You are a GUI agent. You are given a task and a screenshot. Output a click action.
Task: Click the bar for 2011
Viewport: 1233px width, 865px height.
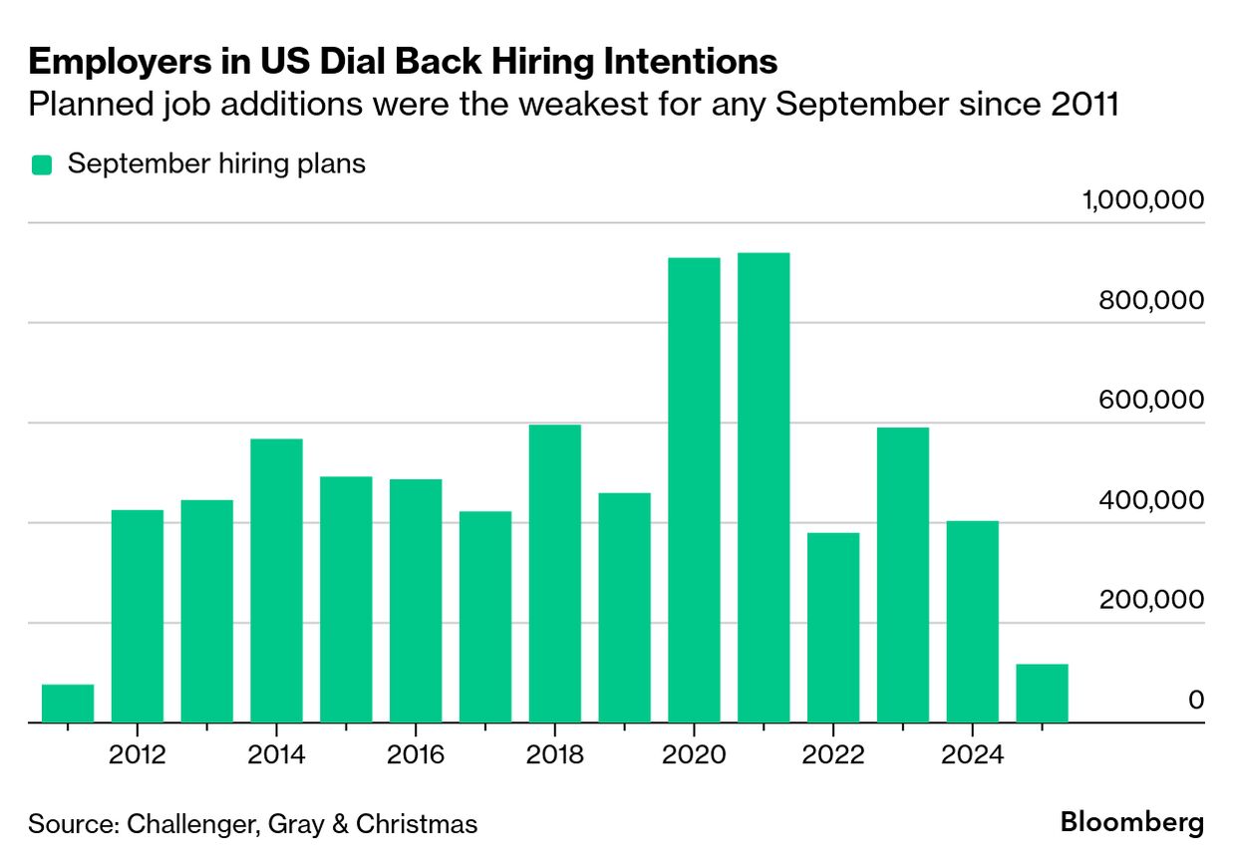pyautogui.click(x=68, y=704)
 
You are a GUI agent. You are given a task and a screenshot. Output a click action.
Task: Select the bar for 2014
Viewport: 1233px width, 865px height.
pyautogui.click(x=276, y=580)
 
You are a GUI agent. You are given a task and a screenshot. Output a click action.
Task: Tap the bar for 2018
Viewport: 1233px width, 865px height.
pyautogui.click(x=555, y=573)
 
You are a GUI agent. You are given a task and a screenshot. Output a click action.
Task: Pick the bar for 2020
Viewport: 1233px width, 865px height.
pyautogui.click(x=694, y=489)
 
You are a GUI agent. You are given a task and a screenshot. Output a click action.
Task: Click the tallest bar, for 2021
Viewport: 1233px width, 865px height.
pyautogui.click(x=764, y=487)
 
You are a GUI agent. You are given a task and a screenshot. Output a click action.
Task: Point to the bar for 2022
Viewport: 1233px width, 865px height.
pyautogui.click(x=833, y=628)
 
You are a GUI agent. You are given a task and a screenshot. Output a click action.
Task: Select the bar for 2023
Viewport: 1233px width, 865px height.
pyautogui.click(x=903, y=575)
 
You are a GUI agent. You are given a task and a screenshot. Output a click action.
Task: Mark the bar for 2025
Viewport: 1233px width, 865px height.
pyautogui.click(x=1042, y=694)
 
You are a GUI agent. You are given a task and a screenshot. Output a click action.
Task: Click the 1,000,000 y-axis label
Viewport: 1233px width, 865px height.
pyautogui.click(x=1142, y=201)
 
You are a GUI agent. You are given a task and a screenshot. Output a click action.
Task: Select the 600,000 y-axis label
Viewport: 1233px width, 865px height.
pyautogui.click(x=1151, y=401)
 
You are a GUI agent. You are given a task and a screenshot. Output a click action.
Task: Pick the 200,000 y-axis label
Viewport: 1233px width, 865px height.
pyautogui.click(x=1151, y=600)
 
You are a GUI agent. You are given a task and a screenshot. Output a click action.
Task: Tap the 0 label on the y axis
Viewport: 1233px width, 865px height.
pyautogui.click(x=1195, y=700)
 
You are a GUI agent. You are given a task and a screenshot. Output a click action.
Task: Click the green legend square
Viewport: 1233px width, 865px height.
pyautogui.click(x=41, y=165)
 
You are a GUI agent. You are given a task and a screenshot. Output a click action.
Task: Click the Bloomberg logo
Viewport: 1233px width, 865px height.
pyautogui.click(x=1132, y=823)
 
